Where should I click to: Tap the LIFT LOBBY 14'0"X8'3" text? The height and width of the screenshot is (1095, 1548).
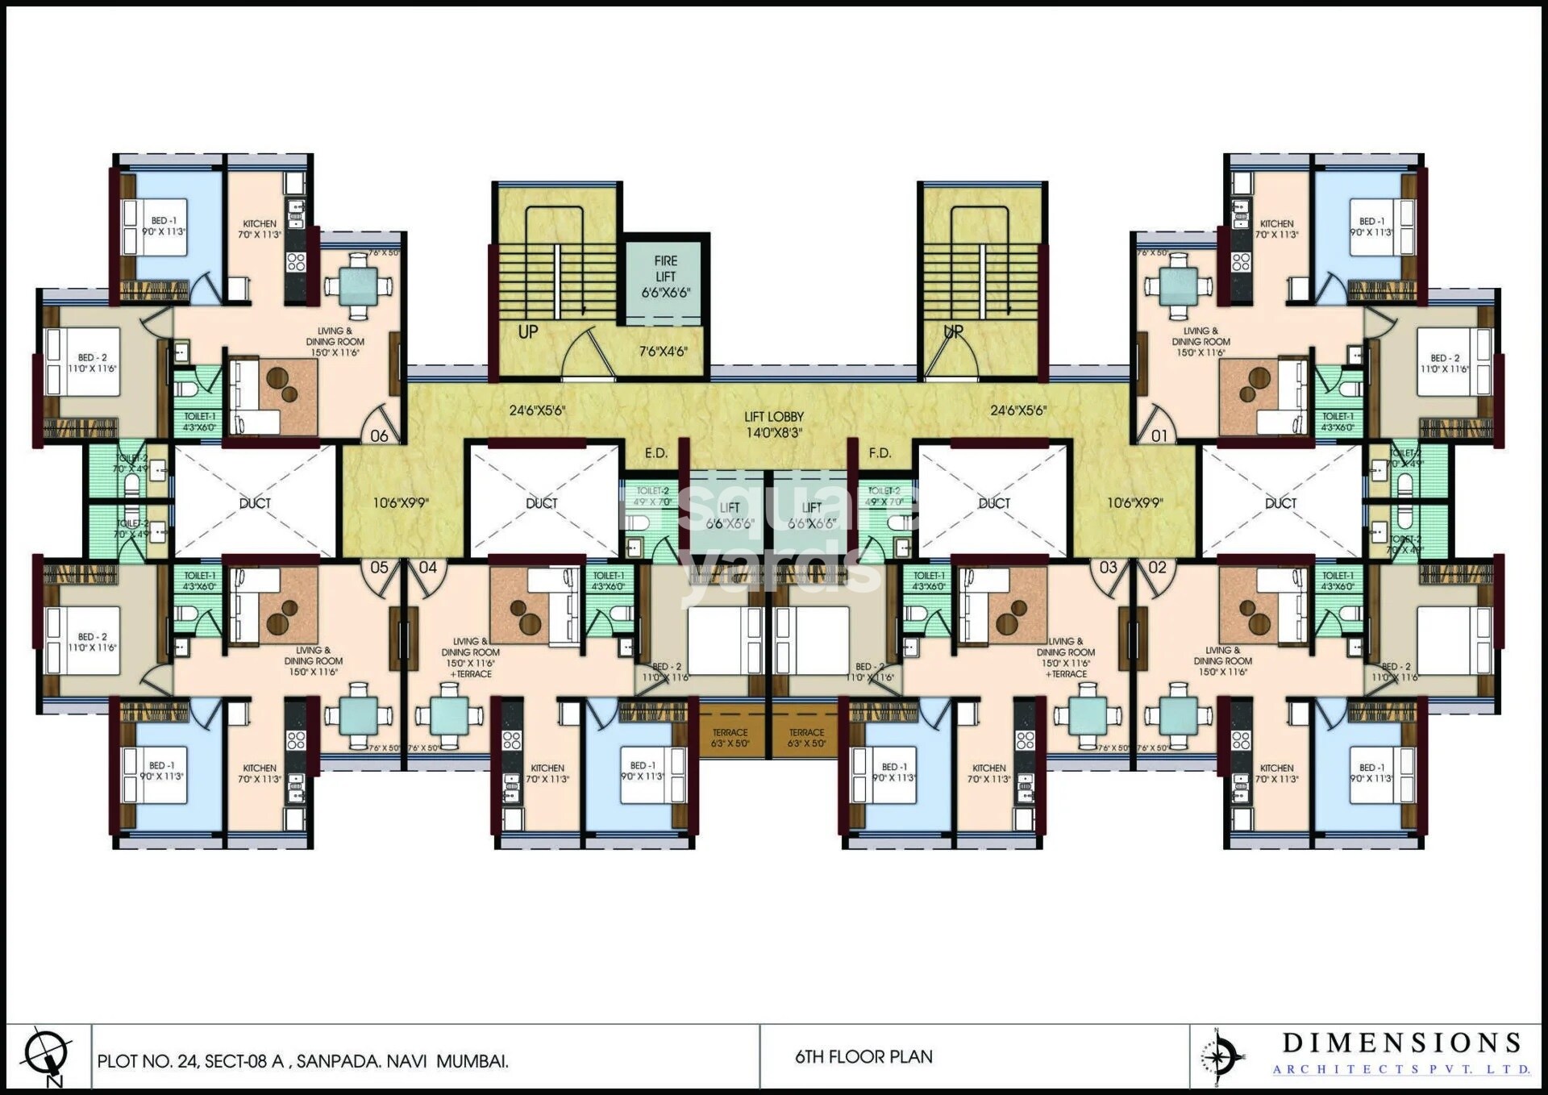(x=773, y=425)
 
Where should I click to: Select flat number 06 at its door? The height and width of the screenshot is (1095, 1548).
(x=379, y=435)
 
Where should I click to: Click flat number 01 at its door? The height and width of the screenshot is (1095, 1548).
(x=1159, y=435)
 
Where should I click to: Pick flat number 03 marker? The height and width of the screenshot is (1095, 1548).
(x=1109, y=567)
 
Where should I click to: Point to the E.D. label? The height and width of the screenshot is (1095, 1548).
(x=656, y=453)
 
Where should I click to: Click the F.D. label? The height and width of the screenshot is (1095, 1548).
(x=880, y=453)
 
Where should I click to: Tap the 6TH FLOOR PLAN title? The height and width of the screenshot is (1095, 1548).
(x=863, y=1056)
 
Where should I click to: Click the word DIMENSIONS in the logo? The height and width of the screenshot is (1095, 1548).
(x=1401, y=1043)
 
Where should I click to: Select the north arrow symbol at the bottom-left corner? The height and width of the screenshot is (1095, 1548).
(x=46, y=1055)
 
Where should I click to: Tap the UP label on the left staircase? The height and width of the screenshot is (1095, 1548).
(x=528, y=331)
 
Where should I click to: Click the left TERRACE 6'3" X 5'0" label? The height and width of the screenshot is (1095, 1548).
(x=730, y=738)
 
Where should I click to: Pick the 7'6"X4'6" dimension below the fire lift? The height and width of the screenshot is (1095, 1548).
(x=663, y=352)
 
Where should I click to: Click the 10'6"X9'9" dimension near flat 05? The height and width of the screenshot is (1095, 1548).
(x=401, y=503)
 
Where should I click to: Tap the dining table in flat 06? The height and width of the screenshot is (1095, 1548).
(x=358, y=285)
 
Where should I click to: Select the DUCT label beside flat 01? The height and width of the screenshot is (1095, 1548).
(x=1280, y=503)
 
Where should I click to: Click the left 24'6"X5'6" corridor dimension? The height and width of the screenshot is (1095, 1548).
(x=537, y=410)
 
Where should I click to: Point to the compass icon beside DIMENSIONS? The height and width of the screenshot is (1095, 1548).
(x=1221, y=1055)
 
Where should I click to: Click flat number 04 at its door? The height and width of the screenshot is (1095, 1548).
(x=427, y=567)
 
